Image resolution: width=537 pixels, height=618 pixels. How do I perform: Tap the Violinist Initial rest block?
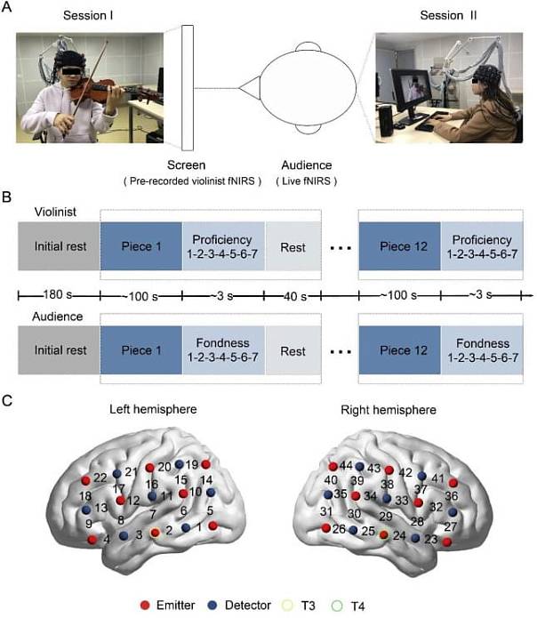(x=60, y=245)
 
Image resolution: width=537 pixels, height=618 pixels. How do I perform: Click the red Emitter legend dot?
(x=148, y=605)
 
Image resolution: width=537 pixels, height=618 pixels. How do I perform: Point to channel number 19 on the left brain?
(x=192, y=465)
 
